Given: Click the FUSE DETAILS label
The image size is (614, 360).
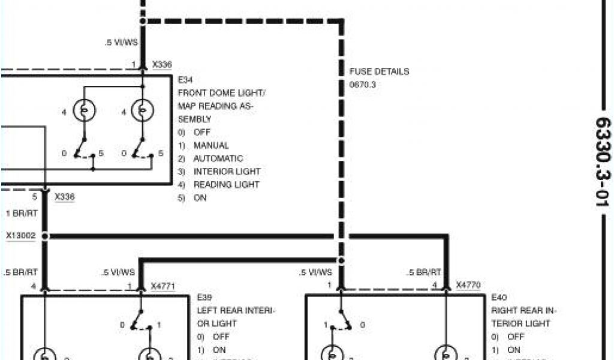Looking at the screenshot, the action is click(x=379, y=71).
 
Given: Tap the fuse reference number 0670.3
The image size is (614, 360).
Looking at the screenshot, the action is click(x=362, y=85).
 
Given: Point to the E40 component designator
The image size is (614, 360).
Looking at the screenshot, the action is click(x=498, y=297).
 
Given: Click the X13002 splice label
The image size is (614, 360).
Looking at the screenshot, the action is click(x=20, y=236).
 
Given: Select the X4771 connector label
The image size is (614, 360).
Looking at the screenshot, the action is click(x=162, y=286).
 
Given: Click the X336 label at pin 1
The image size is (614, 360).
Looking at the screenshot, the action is click(x=162, y=64).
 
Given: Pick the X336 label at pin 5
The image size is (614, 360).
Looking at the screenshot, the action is click(x=64, y=196).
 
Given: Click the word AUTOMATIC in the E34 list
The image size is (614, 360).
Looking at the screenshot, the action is click(x=218, y=158).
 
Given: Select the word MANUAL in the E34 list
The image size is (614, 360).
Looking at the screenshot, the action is click(x=211, y=145).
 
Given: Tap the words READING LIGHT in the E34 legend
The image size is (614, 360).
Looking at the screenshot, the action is click(x=227, y=185).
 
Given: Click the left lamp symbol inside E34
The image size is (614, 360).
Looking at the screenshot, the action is click(x=84, y=111).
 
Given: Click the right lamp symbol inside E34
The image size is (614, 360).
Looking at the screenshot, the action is click(x=143, y=111).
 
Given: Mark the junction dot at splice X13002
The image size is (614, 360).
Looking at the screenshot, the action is click(x=46, y=236).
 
